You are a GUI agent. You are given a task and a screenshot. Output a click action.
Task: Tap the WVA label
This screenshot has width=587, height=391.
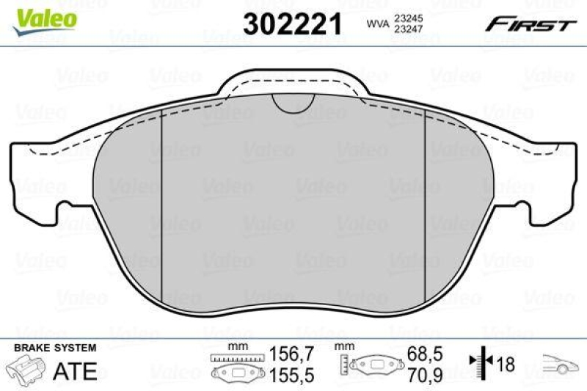(x=377, y=23)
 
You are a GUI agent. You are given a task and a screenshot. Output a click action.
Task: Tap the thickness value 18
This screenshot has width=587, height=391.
(x=506, y=364)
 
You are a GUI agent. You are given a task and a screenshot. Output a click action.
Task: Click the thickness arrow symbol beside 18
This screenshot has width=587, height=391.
(x=480, y=363)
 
